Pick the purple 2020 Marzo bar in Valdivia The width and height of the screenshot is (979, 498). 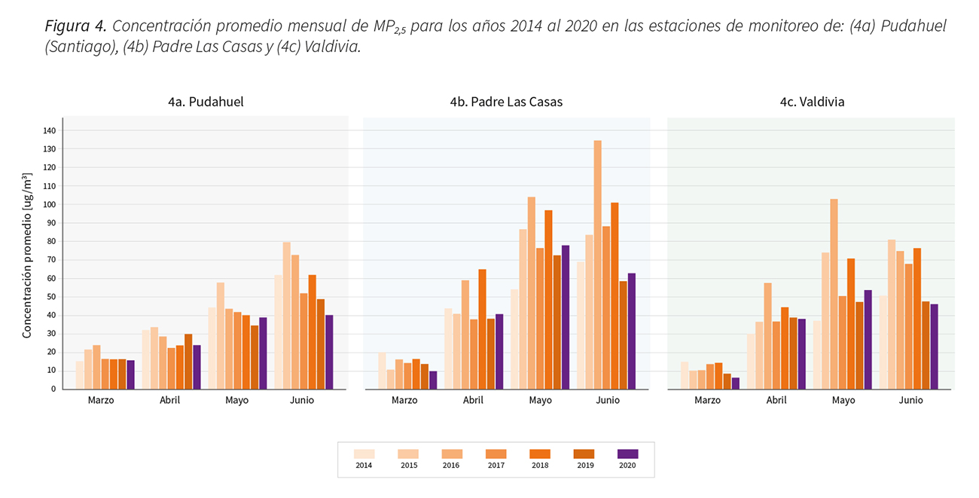pyautogui.click(x=735, y=383)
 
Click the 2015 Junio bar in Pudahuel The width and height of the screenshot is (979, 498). pyautogui.click(x=286, y=315)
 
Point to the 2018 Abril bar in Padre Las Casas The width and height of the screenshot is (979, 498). pyautogui.click(x=482, y=329)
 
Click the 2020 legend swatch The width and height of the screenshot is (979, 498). pyautogui.click(x=627, y=454)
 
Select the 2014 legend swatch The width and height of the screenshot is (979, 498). pyautogui.click(x=364, y=454)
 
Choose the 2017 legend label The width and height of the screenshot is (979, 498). pyautogui.click(x=496, y=466)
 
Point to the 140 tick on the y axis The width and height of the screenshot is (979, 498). pyautogui.click(x=50, y=130)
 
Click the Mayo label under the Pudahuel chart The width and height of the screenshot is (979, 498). pyautogui.click(x=236, y=400)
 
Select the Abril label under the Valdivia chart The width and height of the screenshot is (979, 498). pyautogui.click(x=776, y=400)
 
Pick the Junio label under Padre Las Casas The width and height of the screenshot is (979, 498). pyautogui.click(x=607, y=400)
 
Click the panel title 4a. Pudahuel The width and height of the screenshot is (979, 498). pyautogui.click(x=206, y=102)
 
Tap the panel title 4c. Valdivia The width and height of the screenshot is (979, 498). pyautogui.click(x=812, y=102)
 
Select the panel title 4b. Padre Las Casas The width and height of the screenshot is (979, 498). pyautogui.click(x=506, y=102)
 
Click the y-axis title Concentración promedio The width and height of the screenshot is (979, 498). pyautogui.click(x=27, y=255)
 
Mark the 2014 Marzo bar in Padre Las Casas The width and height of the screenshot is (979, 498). pyautogui.click(x=383, y=371)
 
